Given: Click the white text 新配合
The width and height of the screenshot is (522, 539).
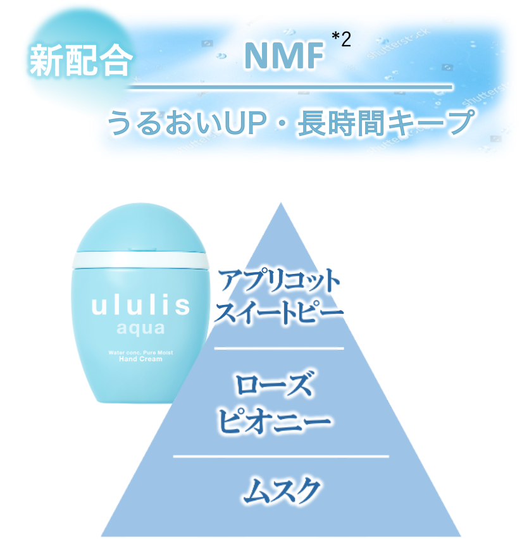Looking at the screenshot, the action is tap(81, 59).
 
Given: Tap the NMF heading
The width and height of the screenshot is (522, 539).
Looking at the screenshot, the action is tap(284, 55).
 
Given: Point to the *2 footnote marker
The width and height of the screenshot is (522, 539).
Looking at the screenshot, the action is tap(341, 39).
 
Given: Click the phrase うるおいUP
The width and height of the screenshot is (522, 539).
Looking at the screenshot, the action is tap(187, 123).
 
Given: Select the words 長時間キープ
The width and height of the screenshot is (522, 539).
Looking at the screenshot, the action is tap(385, 122).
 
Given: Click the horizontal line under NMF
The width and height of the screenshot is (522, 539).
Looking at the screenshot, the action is tap(290, 87).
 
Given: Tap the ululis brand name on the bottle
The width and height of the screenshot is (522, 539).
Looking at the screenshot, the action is tap(140, 306).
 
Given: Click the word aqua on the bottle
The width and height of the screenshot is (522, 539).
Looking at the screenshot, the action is tap(140, 328).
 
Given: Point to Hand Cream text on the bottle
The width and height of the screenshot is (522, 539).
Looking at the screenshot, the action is tap(140, 359).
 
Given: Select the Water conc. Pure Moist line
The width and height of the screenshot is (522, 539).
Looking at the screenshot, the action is tap(140, 352).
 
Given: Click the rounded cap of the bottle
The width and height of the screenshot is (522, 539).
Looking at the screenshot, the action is tap(140, 228).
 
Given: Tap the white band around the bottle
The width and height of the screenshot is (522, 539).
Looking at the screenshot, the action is tap(140, 261).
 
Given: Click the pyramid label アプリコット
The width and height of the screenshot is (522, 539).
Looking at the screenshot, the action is tap(278, 280).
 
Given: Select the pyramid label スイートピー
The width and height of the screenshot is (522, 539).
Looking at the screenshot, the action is tap(279, 312).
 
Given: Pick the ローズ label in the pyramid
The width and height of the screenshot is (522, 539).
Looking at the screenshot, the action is tap(274, 384).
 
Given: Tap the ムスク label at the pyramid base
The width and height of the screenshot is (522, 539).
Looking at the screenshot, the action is tap(282, 490).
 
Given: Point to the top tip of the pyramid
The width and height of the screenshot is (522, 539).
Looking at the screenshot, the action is tap(281, 203).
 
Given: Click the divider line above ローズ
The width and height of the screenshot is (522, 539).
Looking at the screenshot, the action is tap(279, 348).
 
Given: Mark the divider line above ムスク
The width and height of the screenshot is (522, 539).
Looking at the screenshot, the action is tap(280, 457).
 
